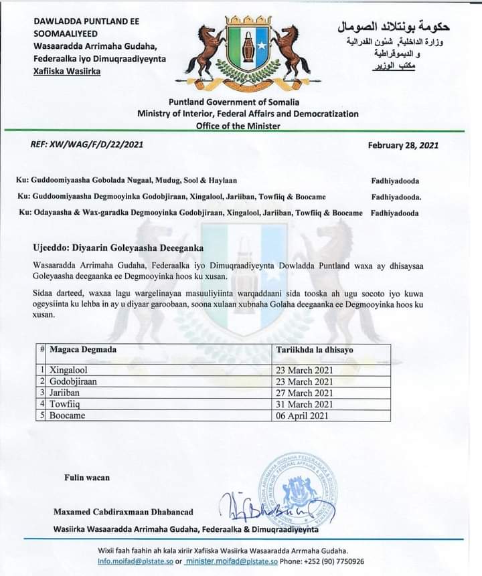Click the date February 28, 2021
pyautogui.click(x=403, y=145)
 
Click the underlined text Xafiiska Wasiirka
pyautogui.click(x=67, y=71)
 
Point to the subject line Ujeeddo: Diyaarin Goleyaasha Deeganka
pyautogui.click(x=118, y=248)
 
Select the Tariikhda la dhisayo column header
pyautogui.click(x=315, y=350)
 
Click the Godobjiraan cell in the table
pyautogui.click(x=74, y=381)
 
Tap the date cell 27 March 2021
pyautogui.click(x=305, y=393)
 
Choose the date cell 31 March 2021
pyautogui.click(x=305, y=404)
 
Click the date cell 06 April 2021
pyautogui.click(x=303, y=415)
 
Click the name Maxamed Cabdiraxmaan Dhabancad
pyautogui.click(x=123, y=512)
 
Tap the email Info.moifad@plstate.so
pyautogui.click(x=136, y=561)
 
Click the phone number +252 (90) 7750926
pyautogui.click(x=333, y=561)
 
